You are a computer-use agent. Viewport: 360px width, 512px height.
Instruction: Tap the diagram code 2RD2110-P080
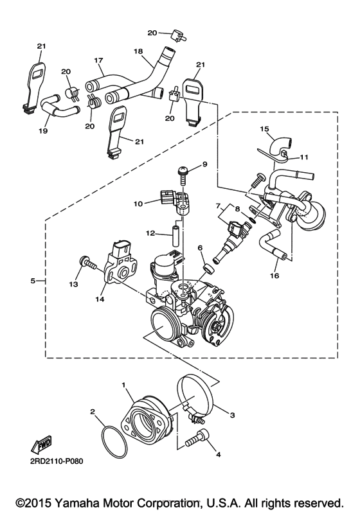[57, 461]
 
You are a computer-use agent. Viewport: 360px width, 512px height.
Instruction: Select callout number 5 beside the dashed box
[33, 281]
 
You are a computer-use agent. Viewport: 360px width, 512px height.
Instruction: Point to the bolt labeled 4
[197, 437]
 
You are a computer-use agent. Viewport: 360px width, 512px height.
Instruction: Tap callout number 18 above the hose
[138, 51]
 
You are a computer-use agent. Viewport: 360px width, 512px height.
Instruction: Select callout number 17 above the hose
[98, 60]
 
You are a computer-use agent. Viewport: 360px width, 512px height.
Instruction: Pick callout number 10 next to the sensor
[138, 204]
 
